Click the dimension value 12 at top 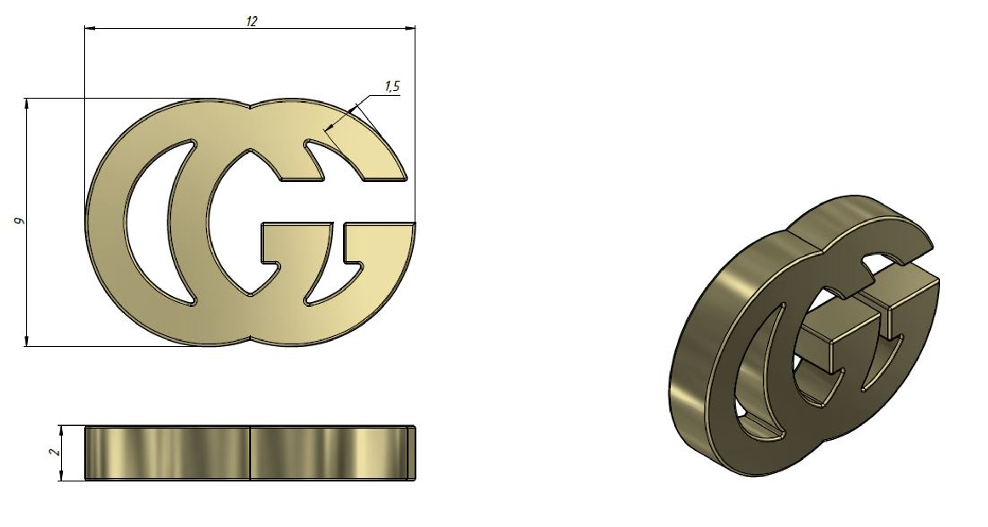pyautogui.click(x=252, y=21)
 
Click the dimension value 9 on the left pyautogui.click(x=20, y=221)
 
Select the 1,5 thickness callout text pyautogui.click(x=392, y=87)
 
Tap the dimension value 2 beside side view pyautogui.click(x=54, y=452)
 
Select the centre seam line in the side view pyautogui.click(x=250, y=453)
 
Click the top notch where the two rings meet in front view pyautogui.click(x=250, y=108)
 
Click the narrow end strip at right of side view pyautogui.click(x=411, y=453)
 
